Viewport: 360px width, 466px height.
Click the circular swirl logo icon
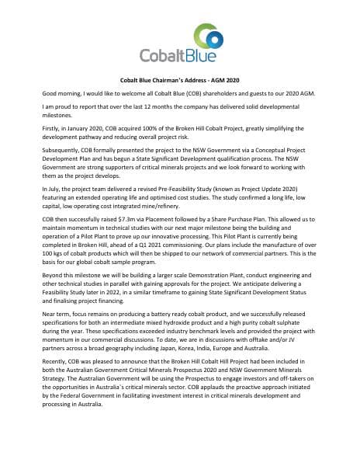[211, 36]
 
